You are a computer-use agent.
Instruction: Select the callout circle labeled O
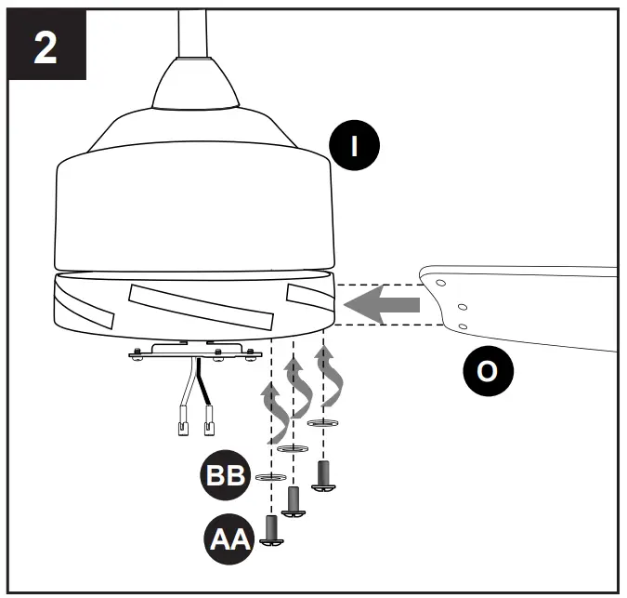[487, 372]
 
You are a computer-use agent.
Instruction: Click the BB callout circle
[226, 475]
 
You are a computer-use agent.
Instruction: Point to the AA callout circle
[226, 537]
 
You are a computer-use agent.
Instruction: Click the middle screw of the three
[294, 502]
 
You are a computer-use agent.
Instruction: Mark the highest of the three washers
[322, 423]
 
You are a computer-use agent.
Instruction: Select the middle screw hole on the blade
[459, 304]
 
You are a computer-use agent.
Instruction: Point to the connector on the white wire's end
[183, 427]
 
